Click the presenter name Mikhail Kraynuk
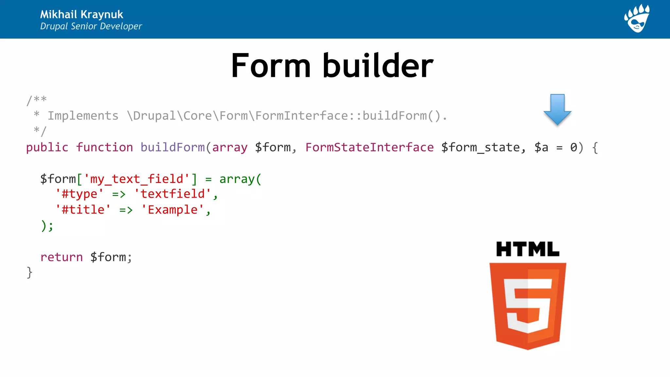pyautogui.click(x=81, y=14)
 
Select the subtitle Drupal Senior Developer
pyautogui.click(x=91, y=26)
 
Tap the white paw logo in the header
pyautogui.click(x=637, y=18)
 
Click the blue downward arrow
pyautogui.click(x=557, y=109)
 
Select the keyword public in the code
pyautogui.click(x=47, y=147)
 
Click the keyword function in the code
pyautogui.click(x=104, y=147)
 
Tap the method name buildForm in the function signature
pyautogui.click(x=172, y=147)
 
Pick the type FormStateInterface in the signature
pyautogui.click(x=369, y=147)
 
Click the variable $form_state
pyautogui.click(x=480, y=148)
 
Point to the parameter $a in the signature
pyautogui.click(x=541, y=147)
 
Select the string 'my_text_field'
pyautogui.click(x=136, y=179)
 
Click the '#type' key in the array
pyautogui.click(x=79, y=194)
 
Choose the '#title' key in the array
pyautogui.click(x=83, y=210)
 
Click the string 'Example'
pyautogui.click(x=173, y=210)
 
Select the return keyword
pyautogui.click(x=62, y=257)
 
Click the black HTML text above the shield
pyautogui.click(x=527, y=249)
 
